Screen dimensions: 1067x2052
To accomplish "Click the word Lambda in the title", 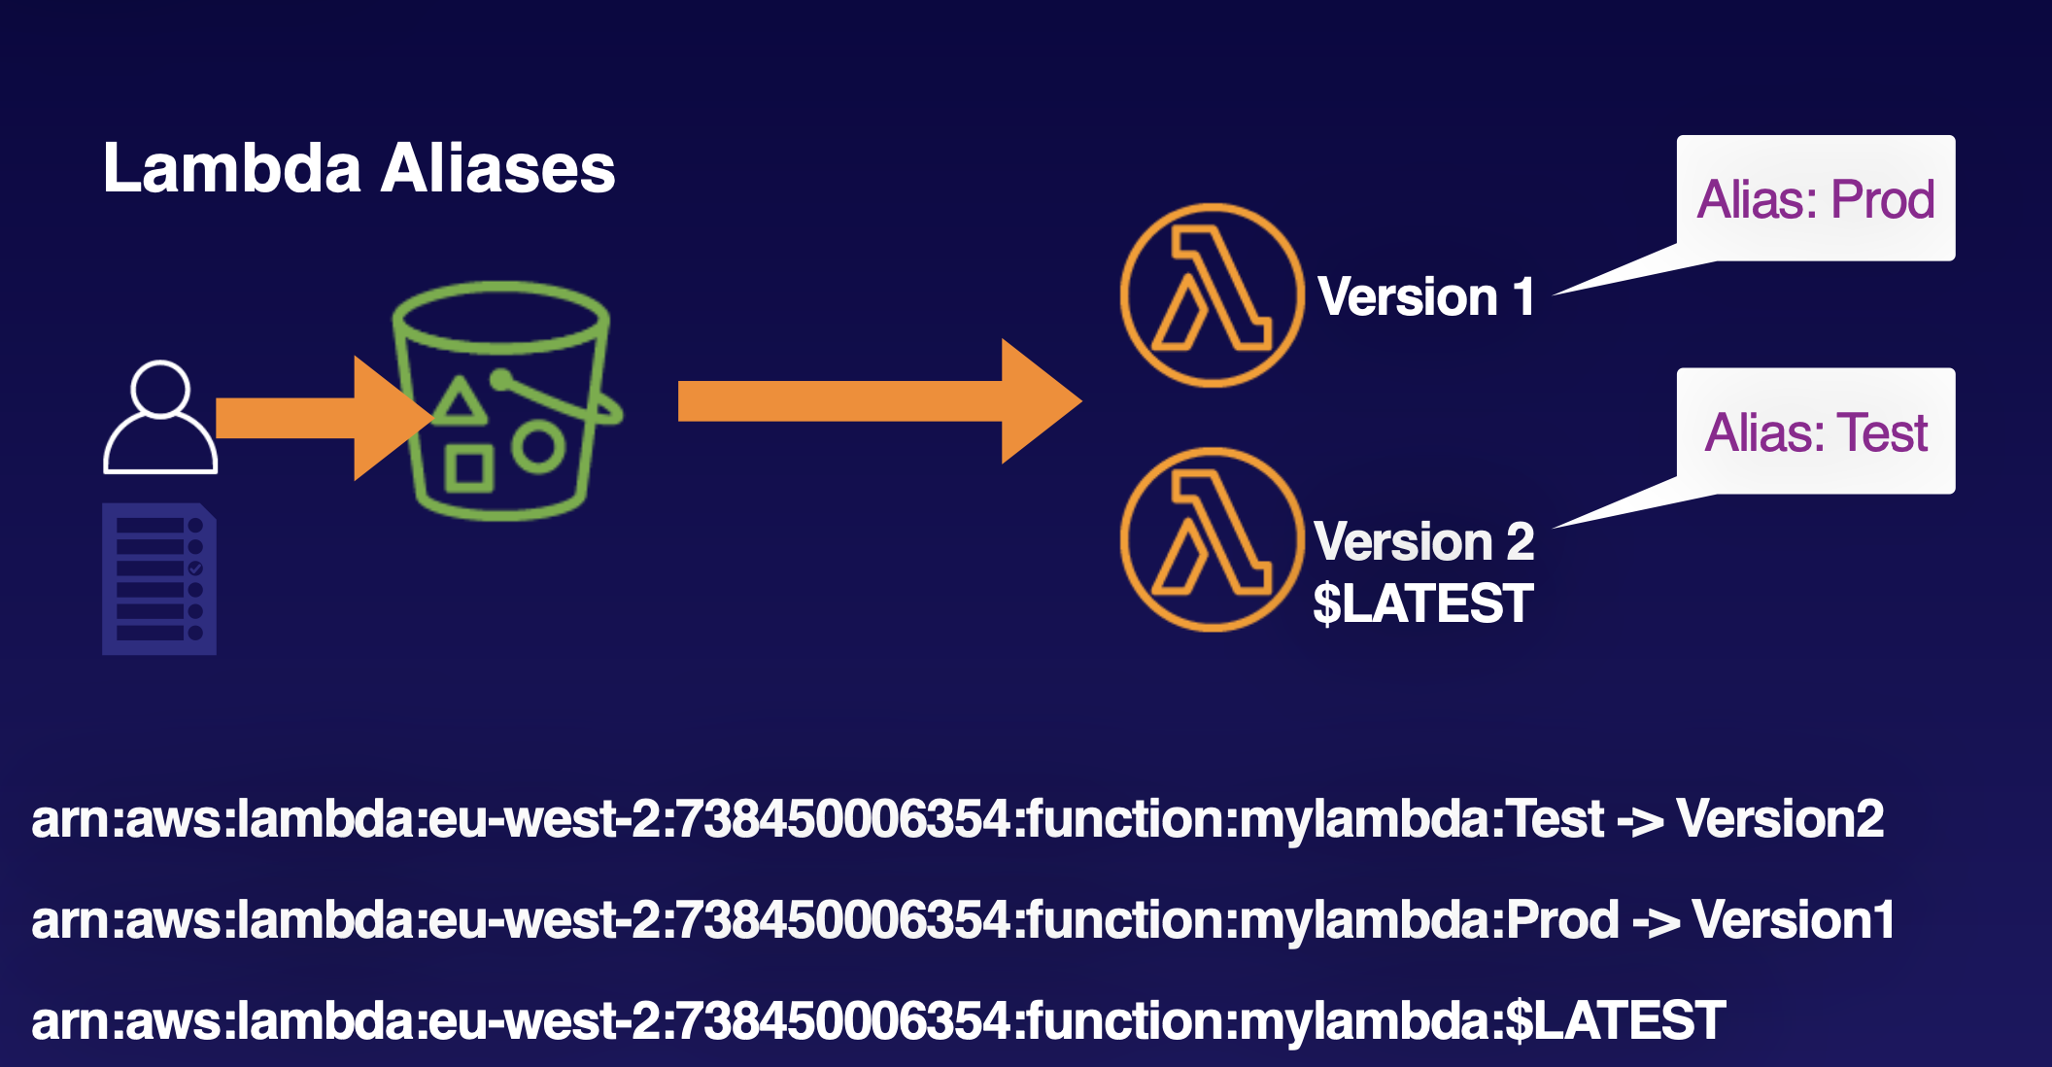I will tap(232, 168).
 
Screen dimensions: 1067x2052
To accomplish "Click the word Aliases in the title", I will tap(497, 168).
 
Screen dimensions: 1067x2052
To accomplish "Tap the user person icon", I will tap(160, 418).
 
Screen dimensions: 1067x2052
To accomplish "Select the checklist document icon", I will tap(159, 579).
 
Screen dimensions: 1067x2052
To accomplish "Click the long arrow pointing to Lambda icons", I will tap(874, 400).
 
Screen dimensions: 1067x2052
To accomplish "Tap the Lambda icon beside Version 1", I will tap(1212, 294).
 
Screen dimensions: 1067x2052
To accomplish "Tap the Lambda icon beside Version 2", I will tap(1212, 539).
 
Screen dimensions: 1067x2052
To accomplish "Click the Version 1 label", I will tap(1425, 296).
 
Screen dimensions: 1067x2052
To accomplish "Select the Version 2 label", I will tap(1423, 541).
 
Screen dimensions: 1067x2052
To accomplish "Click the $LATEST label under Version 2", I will tap(1423, 603).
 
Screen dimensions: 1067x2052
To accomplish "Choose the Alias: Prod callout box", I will tap(1815, 199).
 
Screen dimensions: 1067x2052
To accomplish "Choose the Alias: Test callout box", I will tap(1815, 432).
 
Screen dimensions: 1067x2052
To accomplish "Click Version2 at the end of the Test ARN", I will tap(1780, 819).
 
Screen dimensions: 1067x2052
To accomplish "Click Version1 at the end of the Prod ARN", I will tap(1793, 920).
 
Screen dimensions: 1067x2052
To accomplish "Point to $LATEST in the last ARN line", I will tap(1615, 1021).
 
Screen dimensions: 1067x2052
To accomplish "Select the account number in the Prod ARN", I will tap(843, 920).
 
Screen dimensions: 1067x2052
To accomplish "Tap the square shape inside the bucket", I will tap(468, 469).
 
